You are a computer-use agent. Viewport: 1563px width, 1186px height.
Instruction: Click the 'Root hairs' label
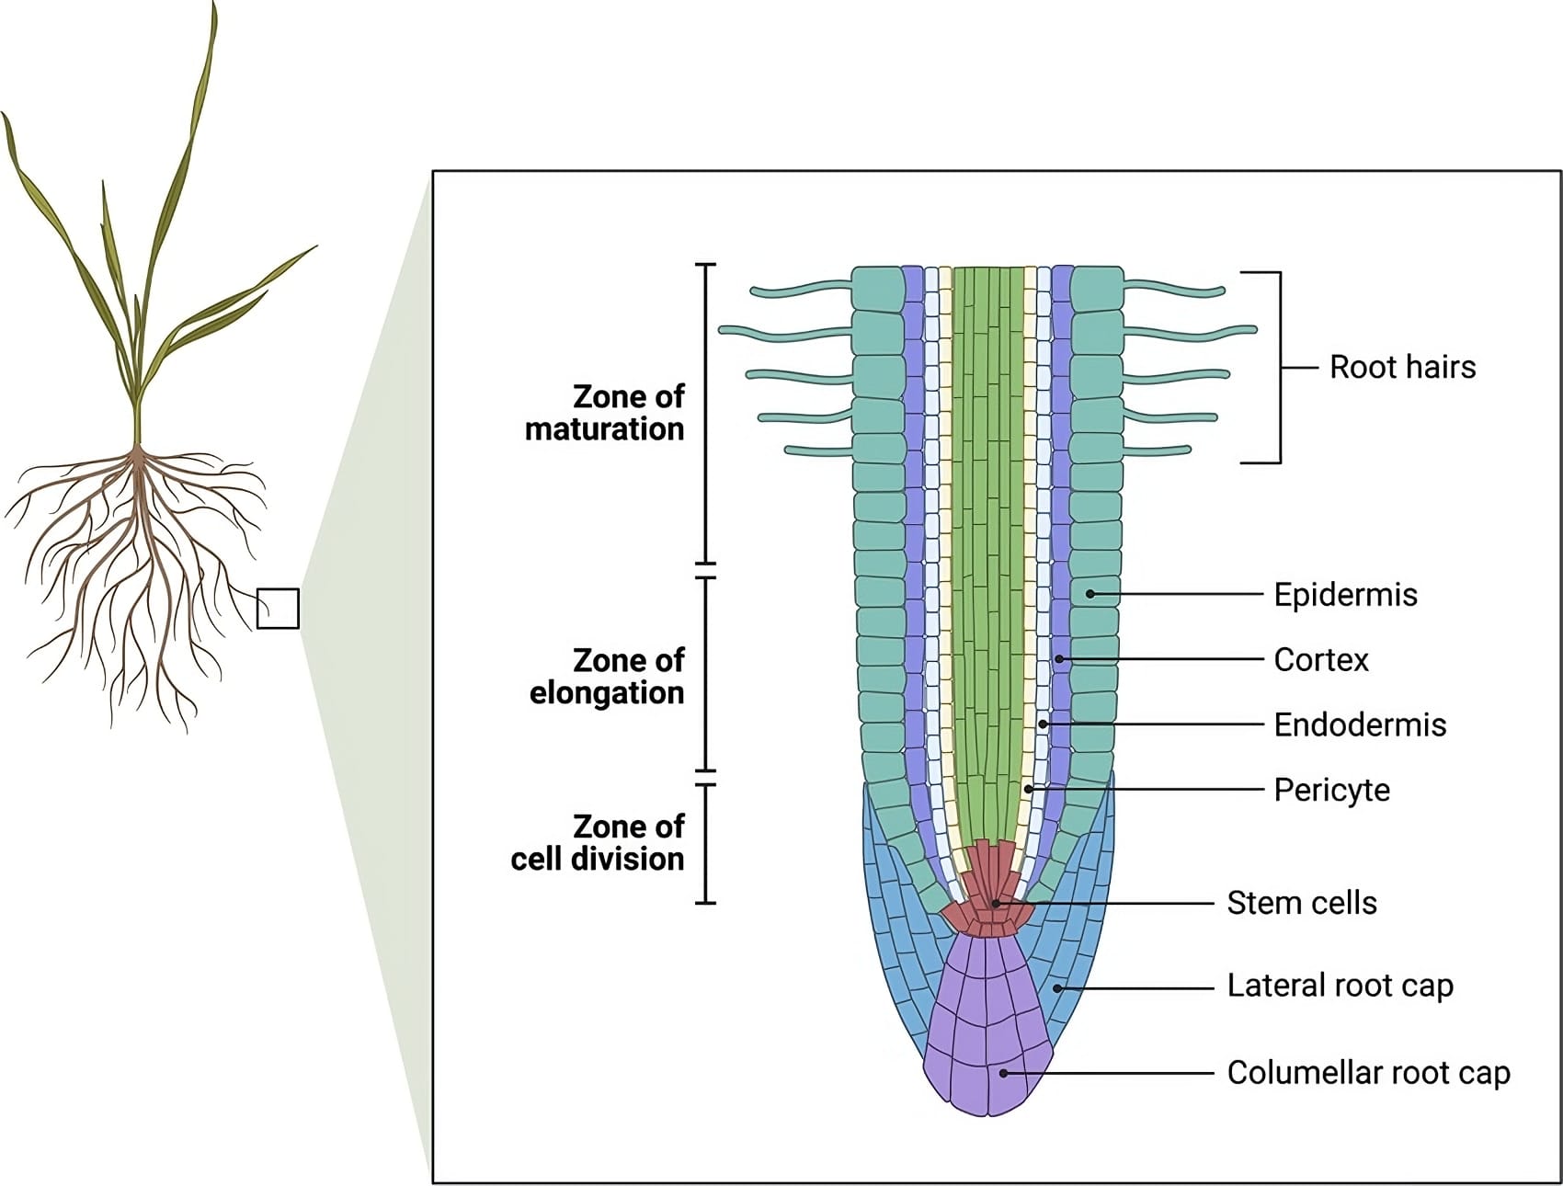point(1402,367)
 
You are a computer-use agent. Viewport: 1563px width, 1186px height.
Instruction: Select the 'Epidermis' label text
point(1345,595)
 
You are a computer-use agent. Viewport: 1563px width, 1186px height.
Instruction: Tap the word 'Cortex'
point(1320,659)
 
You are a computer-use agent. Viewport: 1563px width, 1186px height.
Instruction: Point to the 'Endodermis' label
point(1360,724)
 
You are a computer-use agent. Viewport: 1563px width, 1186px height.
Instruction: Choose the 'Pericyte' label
point(1331,790)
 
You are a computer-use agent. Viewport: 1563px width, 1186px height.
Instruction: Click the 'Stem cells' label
point(1302,903)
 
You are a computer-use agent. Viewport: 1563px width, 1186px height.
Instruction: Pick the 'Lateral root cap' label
point(1340,986)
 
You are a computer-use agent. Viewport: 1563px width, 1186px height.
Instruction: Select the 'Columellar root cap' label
point(1368,1073)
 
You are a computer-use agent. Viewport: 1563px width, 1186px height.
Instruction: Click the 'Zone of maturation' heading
point(605,413)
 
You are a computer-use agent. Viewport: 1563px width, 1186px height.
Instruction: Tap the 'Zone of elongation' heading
point(607,676)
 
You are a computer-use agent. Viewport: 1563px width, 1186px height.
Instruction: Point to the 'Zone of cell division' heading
point(598,842)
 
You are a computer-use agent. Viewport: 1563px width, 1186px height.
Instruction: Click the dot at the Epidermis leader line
point(1090,594)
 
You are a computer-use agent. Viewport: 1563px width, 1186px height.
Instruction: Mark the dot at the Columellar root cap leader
point(1004,1073)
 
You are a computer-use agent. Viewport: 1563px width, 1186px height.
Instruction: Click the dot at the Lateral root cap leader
point(1057,988)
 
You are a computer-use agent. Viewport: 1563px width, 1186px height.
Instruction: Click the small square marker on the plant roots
point(278,609)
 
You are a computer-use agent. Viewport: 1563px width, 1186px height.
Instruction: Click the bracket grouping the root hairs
point(1280,367)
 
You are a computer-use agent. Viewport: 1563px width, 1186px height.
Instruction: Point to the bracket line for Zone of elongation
point(705,675)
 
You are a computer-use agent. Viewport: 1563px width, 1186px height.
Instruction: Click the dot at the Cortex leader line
point(1059,659)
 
